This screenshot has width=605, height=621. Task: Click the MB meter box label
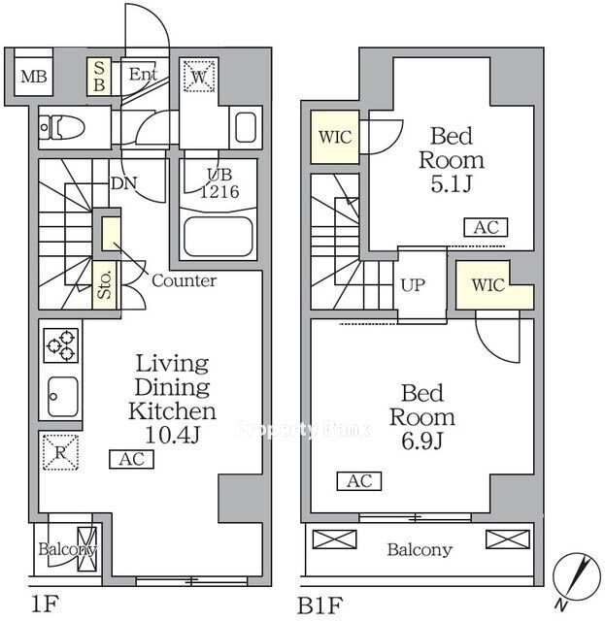pos(34,76)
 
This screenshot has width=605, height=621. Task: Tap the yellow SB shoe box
pos(99,77)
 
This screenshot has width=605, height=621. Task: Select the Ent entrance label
pos(143,74)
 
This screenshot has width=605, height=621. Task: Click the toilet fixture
pos(62,127)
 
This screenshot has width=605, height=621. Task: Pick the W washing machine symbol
pos(199,76)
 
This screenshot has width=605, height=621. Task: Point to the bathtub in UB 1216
pos(218,237)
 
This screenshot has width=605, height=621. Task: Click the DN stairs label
pos(124,183)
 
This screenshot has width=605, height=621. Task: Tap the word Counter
pos(185,280)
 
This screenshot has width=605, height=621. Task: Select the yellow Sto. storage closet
pos(105,284)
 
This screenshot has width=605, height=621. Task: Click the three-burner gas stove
pos(60,345)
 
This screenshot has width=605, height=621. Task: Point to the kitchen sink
pos(63,397)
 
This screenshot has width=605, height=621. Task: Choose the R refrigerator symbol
pos(60,452)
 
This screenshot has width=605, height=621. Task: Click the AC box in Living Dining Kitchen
pos(132,459)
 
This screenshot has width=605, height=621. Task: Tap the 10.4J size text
pos(173,435)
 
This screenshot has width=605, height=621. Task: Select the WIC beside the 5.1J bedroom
pos(335,137)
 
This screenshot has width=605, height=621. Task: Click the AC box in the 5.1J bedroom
pos(487,227)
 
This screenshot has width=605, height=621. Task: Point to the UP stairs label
pos(413,285)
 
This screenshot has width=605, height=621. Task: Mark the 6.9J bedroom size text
pos(421,441)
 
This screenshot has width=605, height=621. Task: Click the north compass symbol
pos(577,576)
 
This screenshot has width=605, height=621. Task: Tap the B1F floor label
pos(319,605)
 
